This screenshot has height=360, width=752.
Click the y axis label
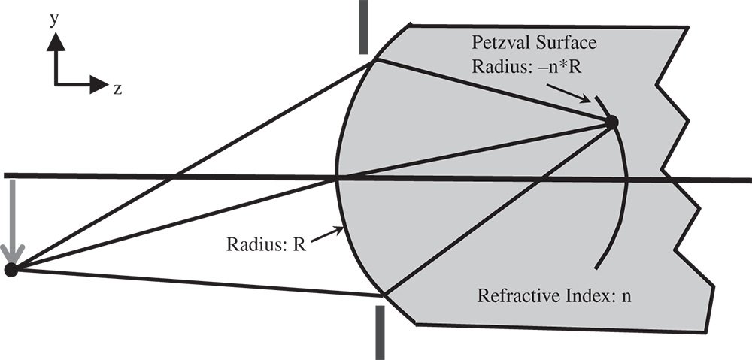pos(54,20)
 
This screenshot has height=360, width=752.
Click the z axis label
pos(118,89)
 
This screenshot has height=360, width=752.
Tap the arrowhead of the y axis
pos(54,41)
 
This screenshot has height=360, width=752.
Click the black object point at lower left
pos(11,269)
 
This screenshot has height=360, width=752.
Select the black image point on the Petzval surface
pos(612,121)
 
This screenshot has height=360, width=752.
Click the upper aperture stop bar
pos(364,26)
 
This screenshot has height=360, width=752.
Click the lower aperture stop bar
pos(380,331)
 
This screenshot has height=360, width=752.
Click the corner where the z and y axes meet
pos(55,84)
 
